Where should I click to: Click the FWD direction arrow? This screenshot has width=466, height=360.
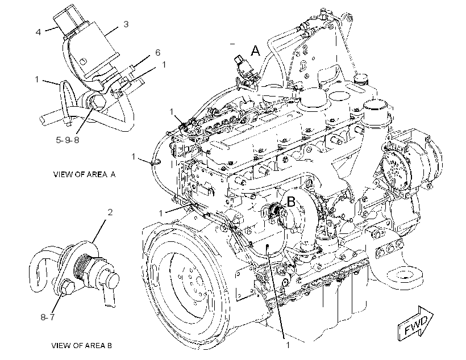415,323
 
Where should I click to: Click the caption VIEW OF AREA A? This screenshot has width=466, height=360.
85,174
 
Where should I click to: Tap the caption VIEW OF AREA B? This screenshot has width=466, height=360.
82,345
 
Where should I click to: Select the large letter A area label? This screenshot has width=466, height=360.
255,51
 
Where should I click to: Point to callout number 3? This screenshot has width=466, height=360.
126,24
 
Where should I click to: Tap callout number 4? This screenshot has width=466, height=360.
38,32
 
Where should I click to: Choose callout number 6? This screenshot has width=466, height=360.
158,53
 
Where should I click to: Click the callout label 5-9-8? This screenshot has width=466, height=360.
68,140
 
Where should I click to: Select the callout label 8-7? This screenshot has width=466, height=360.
48,317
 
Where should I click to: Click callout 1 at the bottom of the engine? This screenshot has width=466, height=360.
288,345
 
